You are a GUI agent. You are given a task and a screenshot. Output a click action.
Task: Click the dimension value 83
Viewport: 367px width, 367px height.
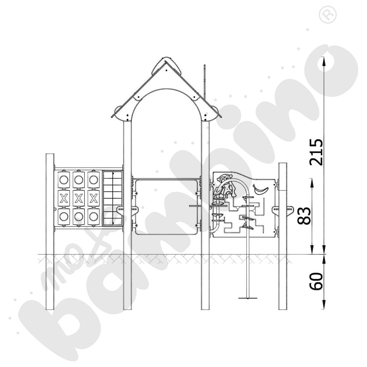coord(304,215)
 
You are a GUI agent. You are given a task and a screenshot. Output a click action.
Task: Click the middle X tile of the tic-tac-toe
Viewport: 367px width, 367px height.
coord(79,198)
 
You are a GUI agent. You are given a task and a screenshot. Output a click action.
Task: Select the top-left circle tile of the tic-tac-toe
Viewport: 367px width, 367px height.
coord(63,180)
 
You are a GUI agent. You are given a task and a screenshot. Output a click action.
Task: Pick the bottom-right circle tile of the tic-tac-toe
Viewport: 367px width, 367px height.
coord(94,217)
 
